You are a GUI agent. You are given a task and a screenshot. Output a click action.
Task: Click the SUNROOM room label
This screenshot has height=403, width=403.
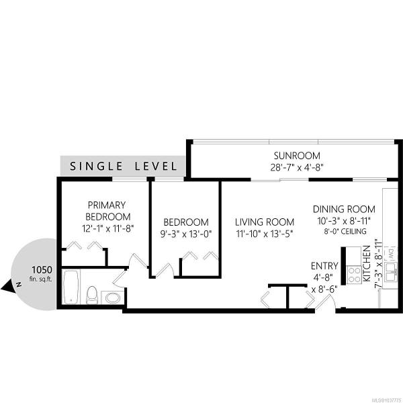click(x=297, y=156)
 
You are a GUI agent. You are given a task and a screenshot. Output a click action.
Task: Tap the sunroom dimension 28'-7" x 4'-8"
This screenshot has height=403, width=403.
click(x=297, y=167)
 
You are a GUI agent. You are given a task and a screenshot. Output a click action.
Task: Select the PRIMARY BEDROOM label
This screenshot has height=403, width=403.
click(x=107, y=211)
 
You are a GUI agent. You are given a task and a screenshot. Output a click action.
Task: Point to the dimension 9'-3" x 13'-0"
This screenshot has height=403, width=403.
click(x=185, y=234)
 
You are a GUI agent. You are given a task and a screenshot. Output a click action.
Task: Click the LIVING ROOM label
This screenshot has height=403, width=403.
click(x=265, y=222)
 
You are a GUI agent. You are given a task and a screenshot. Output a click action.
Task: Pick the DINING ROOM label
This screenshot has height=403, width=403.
click(x=344, y=209)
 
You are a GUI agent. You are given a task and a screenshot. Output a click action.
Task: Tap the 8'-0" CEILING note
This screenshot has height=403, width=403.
click(x=345, y=231)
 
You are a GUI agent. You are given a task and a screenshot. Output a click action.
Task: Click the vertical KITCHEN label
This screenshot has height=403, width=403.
click(x=367, y=263)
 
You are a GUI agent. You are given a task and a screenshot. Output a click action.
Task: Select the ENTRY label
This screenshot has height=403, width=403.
click(x=324, y=266)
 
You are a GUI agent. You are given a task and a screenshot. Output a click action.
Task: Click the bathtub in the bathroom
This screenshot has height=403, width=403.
click(x=71, y=287)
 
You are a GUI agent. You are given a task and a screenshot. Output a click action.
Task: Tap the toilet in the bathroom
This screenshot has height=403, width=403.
click(x=92, y=295)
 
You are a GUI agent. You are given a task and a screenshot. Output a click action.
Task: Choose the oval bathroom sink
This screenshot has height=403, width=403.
click(x=113, y=298)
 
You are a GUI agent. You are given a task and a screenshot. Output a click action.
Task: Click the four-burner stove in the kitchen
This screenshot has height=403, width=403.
click(x=354, y=275)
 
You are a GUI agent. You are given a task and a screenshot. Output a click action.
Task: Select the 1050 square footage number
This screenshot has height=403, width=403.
click(x=42, y=270)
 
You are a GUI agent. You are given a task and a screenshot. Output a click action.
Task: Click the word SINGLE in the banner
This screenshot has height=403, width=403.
click(x=96, y=166)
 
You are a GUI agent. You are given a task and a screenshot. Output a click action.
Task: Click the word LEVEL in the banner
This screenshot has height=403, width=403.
click(x=156, y=166)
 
